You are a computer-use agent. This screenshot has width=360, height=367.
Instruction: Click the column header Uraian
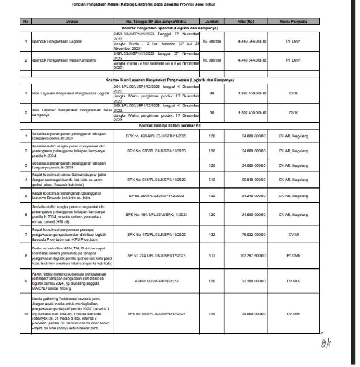(72, 22)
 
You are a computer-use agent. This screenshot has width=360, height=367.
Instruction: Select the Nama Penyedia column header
(293, 22)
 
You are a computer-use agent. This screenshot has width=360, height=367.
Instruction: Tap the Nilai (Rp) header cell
(246, 22)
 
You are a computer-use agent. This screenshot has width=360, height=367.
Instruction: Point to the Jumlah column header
(212, 22)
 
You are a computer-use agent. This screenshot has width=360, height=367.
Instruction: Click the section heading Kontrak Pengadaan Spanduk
(170, 28)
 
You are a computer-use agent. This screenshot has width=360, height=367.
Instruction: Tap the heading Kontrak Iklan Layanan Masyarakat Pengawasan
(170, 80)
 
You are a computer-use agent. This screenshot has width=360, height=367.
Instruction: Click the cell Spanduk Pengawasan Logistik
(57, 41)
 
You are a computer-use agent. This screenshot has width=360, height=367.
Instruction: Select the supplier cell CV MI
(293, 234)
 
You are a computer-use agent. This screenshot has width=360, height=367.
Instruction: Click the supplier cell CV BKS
(293, 281)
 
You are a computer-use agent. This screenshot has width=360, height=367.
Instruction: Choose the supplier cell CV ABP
(293, 314)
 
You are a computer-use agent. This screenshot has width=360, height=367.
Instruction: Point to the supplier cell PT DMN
(293, 256)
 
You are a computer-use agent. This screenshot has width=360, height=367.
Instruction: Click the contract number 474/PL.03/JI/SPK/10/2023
(156, 281)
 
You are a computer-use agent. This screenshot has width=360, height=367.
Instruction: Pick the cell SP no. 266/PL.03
(156, 196)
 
